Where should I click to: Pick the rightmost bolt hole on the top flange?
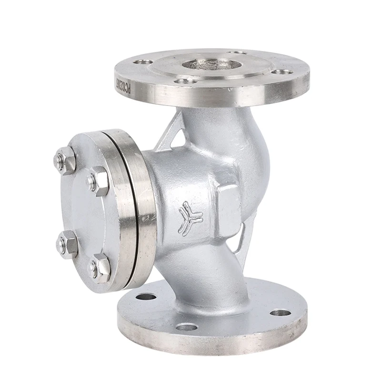[x=285, y=72]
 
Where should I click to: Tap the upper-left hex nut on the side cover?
[x=65, y=160]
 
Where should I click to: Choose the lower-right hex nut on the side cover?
[x=100, y=266]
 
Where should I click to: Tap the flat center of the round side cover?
[x=81, y=210]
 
